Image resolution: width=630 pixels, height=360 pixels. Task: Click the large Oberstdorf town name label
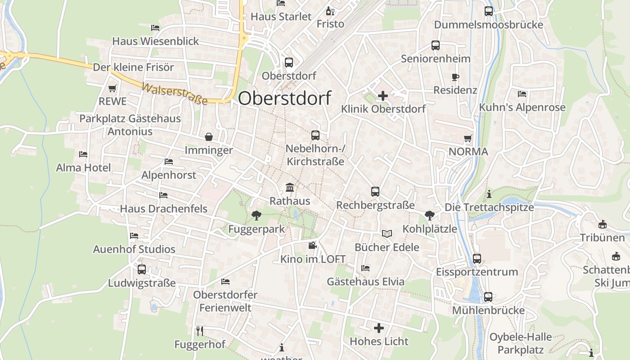click(284, 98)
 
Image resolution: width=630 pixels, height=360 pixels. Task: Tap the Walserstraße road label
click(175, 94)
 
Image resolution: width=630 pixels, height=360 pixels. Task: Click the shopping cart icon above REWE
click(112, 89)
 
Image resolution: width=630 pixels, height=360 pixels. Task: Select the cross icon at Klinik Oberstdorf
click(383, 96)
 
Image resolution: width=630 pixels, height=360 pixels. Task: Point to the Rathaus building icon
click(290, 187)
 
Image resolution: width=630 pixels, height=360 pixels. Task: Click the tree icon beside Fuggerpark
click(256, 216)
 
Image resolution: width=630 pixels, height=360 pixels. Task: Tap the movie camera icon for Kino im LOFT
click(313, 246)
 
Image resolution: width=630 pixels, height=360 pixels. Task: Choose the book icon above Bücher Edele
click(387, 234)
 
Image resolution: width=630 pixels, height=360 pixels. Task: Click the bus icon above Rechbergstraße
click(375, 192)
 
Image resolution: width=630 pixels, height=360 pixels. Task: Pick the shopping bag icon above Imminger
click(209, 137)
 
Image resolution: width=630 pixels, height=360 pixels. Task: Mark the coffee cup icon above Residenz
click(455, 77)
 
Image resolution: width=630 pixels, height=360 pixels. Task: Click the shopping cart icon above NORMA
click(468, 138)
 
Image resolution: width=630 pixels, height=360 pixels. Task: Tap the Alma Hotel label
click(83, 168)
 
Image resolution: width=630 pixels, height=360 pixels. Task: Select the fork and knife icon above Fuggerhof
click(200, 331)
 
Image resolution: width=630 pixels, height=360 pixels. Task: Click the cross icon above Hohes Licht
click(379, 328)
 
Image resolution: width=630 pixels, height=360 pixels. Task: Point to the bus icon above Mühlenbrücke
click(488, 297)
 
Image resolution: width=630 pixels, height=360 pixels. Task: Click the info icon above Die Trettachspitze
click(489, 194)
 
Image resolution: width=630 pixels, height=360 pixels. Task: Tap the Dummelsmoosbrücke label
click(488, 25)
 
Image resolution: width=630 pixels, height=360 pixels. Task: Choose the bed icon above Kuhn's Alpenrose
click(522, 94)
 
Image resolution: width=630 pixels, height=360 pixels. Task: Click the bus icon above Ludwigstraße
click(141, 270)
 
